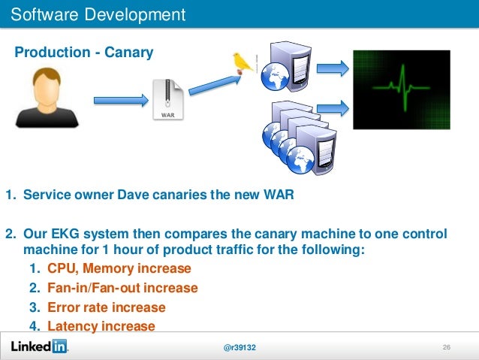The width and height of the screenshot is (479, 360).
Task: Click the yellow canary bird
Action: pyautogui.click(x=242, y=61)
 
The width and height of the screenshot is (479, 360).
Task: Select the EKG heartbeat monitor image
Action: pyautogui.click(x=402, y=87)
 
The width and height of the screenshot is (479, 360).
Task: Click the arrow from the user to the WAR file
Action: pyautogui.click(x=119, y=99)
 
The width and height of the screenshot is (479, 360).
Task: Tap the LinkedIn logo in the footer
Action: pyautogui.click(x=38, y=346)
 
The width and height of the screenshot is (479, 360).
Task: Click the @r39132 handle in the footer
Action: pyautogui.click(x=239, y=347)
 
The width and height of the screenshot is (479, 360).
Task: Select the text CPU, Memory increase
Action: pyautogui.click(x=119, y=268)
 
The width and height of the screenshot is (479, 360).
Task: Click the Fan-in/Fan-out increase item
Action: pyautogui.click(x=122, y=288)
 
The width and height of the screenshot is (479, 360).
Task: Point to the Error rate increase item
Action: pyautogui.click(x=106, y=307)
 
